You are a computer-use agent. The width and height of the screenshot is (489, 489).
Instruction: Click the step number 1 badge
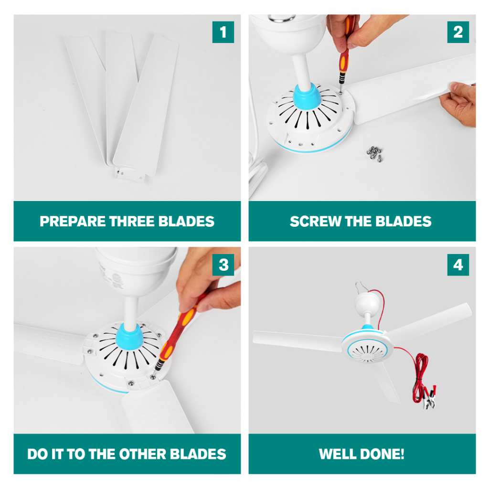[x=223, y=32]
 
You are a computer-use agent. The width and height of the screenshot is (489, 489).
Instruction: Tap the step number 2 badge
[x=458, y=32]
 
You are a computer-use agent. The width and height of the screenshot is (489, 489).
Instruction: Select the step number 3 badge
[x=223, y=265]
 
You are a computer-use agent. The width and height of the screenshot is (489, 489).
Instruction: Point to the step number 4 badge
[x=458, y=265]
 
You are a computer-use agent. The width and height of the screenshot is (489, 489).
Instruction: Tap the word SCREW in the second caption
[x=315, y=222]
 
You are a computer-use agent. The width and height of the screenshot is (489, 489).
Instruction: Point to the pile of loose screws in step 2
[x=374, y=153]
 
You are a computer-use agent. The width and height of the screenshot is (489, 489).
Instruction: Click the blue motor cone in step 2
[x=307, y=96]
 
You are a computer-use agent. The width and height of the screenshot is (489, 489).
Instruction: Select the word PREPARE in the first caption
[x=73, y=222]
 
